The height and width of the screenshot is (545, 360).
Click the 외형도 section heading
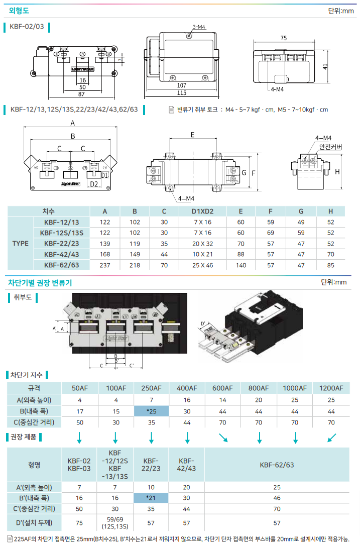tap(19, 9)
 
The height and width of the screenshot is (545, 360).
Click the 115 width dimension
tap(181, 93)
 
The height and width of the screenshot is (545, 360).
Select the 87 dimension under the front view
tap(81, 93)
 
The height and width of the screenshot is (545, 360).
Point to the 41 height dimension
tap(325, 67)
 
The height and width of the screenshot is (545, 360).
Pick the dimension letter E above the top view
tap(193, 134)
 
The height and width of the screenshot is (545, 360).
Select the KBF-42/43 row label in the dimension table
tap(61, 254)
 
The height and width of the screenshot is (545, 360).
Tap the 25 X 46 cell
tap(203, 265)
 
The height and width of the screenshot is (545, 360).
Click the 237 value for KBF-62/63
tap(105, 265)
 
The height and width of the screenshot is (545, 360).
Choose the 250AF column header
tap(151, 388)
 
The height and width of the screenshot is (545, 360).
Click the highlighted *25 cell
tap(151, 411)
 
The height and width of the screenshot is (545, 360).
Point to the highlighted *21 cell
tap(151, 498)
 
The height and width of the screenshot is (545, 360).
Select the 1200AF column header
tap(331, 388)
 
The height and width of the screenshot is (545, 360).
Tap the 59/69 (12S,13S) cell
tap(115, 522)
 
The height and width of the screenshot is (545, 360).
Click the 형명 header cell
tap(34, 465)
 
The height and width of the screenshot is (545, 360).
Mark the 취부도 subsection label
tap(23, 297)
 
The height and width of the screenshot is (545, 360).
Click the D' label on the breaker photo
tap(204, 323)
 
